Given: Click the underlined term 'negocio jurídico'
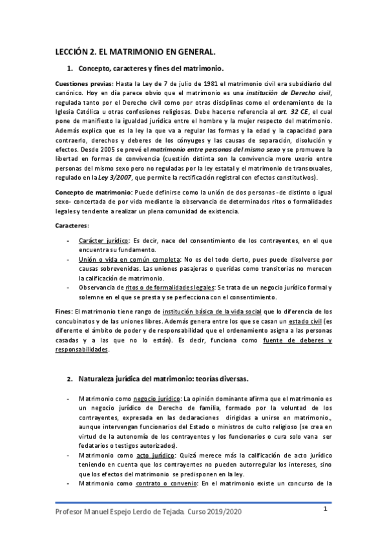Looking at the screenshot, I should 152,399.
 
